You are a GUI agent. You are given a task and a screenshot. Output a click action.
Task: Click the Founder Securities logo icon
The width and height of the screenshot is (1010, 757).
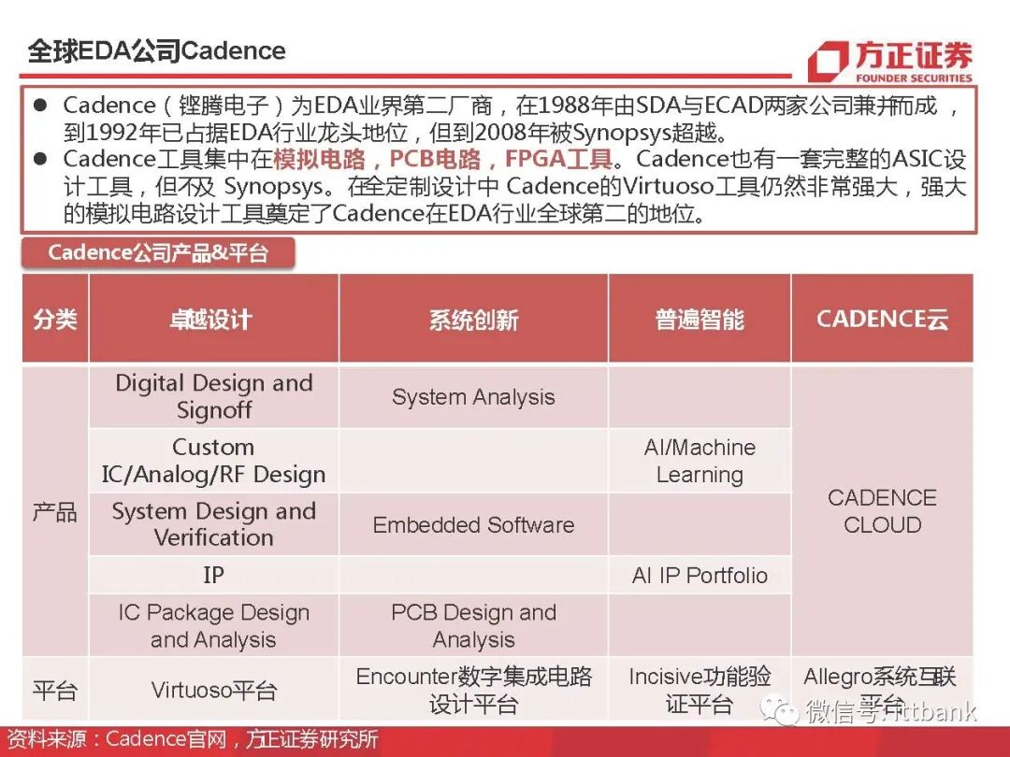(828, 61)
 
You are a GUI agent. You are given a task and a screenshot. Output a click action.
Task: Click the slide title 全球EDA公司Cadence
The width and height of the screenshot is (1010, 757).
(156, 50)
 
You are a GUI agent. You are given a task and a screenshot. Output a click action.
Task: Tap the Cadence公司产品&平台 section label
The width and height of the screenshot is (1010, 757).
(158, 253)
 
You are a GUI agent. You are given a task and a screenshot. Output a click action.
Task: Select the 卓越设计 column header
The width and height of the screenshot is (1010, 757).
(212, 320)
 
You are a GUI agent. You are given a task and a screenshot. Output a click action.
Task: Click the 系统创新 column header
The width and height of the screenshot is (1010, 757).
(473, 320)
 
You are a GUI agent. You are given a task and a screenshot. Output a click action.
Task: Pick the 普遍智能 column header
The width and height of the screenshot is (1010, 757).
(700, 320)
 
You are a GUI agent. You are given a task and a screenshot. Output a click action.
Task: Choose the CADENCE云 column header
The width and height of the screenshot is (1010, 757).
(882, 320)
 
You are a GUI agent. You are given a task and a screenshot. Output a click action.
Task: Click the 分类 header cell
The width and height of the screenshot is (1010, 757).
(55, 320)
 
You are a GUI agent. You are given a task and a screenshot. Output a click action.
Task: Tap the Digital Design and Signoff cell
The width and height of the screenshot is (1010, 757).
(213, 396)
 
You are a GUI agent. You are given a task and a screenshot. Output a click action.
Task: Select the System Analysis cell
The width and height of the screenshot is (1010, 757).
(473, 397)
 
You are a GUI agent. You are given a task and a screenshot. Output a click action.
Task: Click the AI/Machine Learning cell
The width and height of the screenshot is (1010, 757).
(700, 461)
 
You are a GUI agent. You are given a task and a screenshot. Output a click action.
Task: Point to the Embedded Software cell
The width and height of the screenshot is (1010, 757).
(473, 524)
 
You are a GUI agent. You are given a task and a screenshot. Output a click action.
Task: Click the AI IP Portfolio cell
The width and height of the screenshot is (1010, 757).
(700, 576)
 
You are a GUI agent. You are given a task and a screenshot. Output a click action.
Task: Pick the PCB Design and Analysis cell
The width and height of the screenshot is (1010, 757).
(473, 625)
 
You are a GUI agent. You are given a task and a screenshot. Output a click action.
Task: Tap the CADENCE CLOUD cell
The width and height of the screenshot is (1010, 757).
(882, 511)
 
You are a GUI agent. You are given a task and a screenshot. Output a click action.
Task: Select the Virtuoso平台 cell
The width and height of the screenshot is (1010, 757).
(213, 691)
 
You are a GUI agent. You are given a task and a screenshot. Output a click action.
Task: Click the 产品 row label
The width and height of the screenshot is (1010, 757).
(55, 512)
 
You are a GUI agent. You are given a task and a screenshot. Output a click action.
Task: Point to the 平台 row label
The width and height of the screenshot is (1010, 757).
(55, 692)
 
